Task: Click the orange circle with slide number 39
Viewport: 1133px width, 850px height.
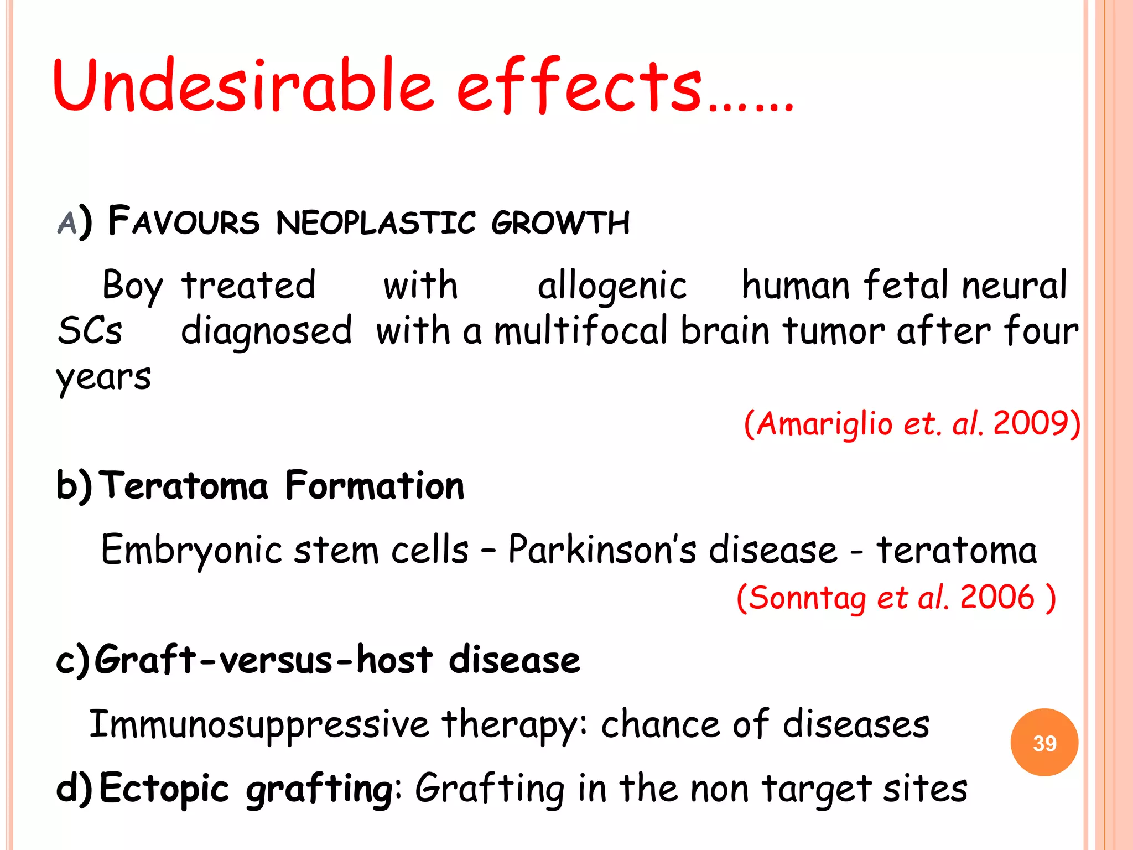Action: click(x=1044, y=743)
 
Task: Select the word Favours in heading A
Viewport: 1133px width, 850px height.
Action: click(x=183, y=221)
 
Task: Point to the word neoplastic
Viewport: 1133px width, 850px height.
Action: click(x=376, y=222)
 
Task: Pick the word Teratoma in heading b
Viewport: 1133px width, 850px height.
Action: click(x=186, y=486)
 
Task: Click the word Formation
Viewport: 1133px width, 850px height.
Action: click(x=375, y=486)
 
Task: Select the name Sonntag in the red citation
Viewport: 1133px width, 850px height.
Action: click(x=807, y=598)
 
